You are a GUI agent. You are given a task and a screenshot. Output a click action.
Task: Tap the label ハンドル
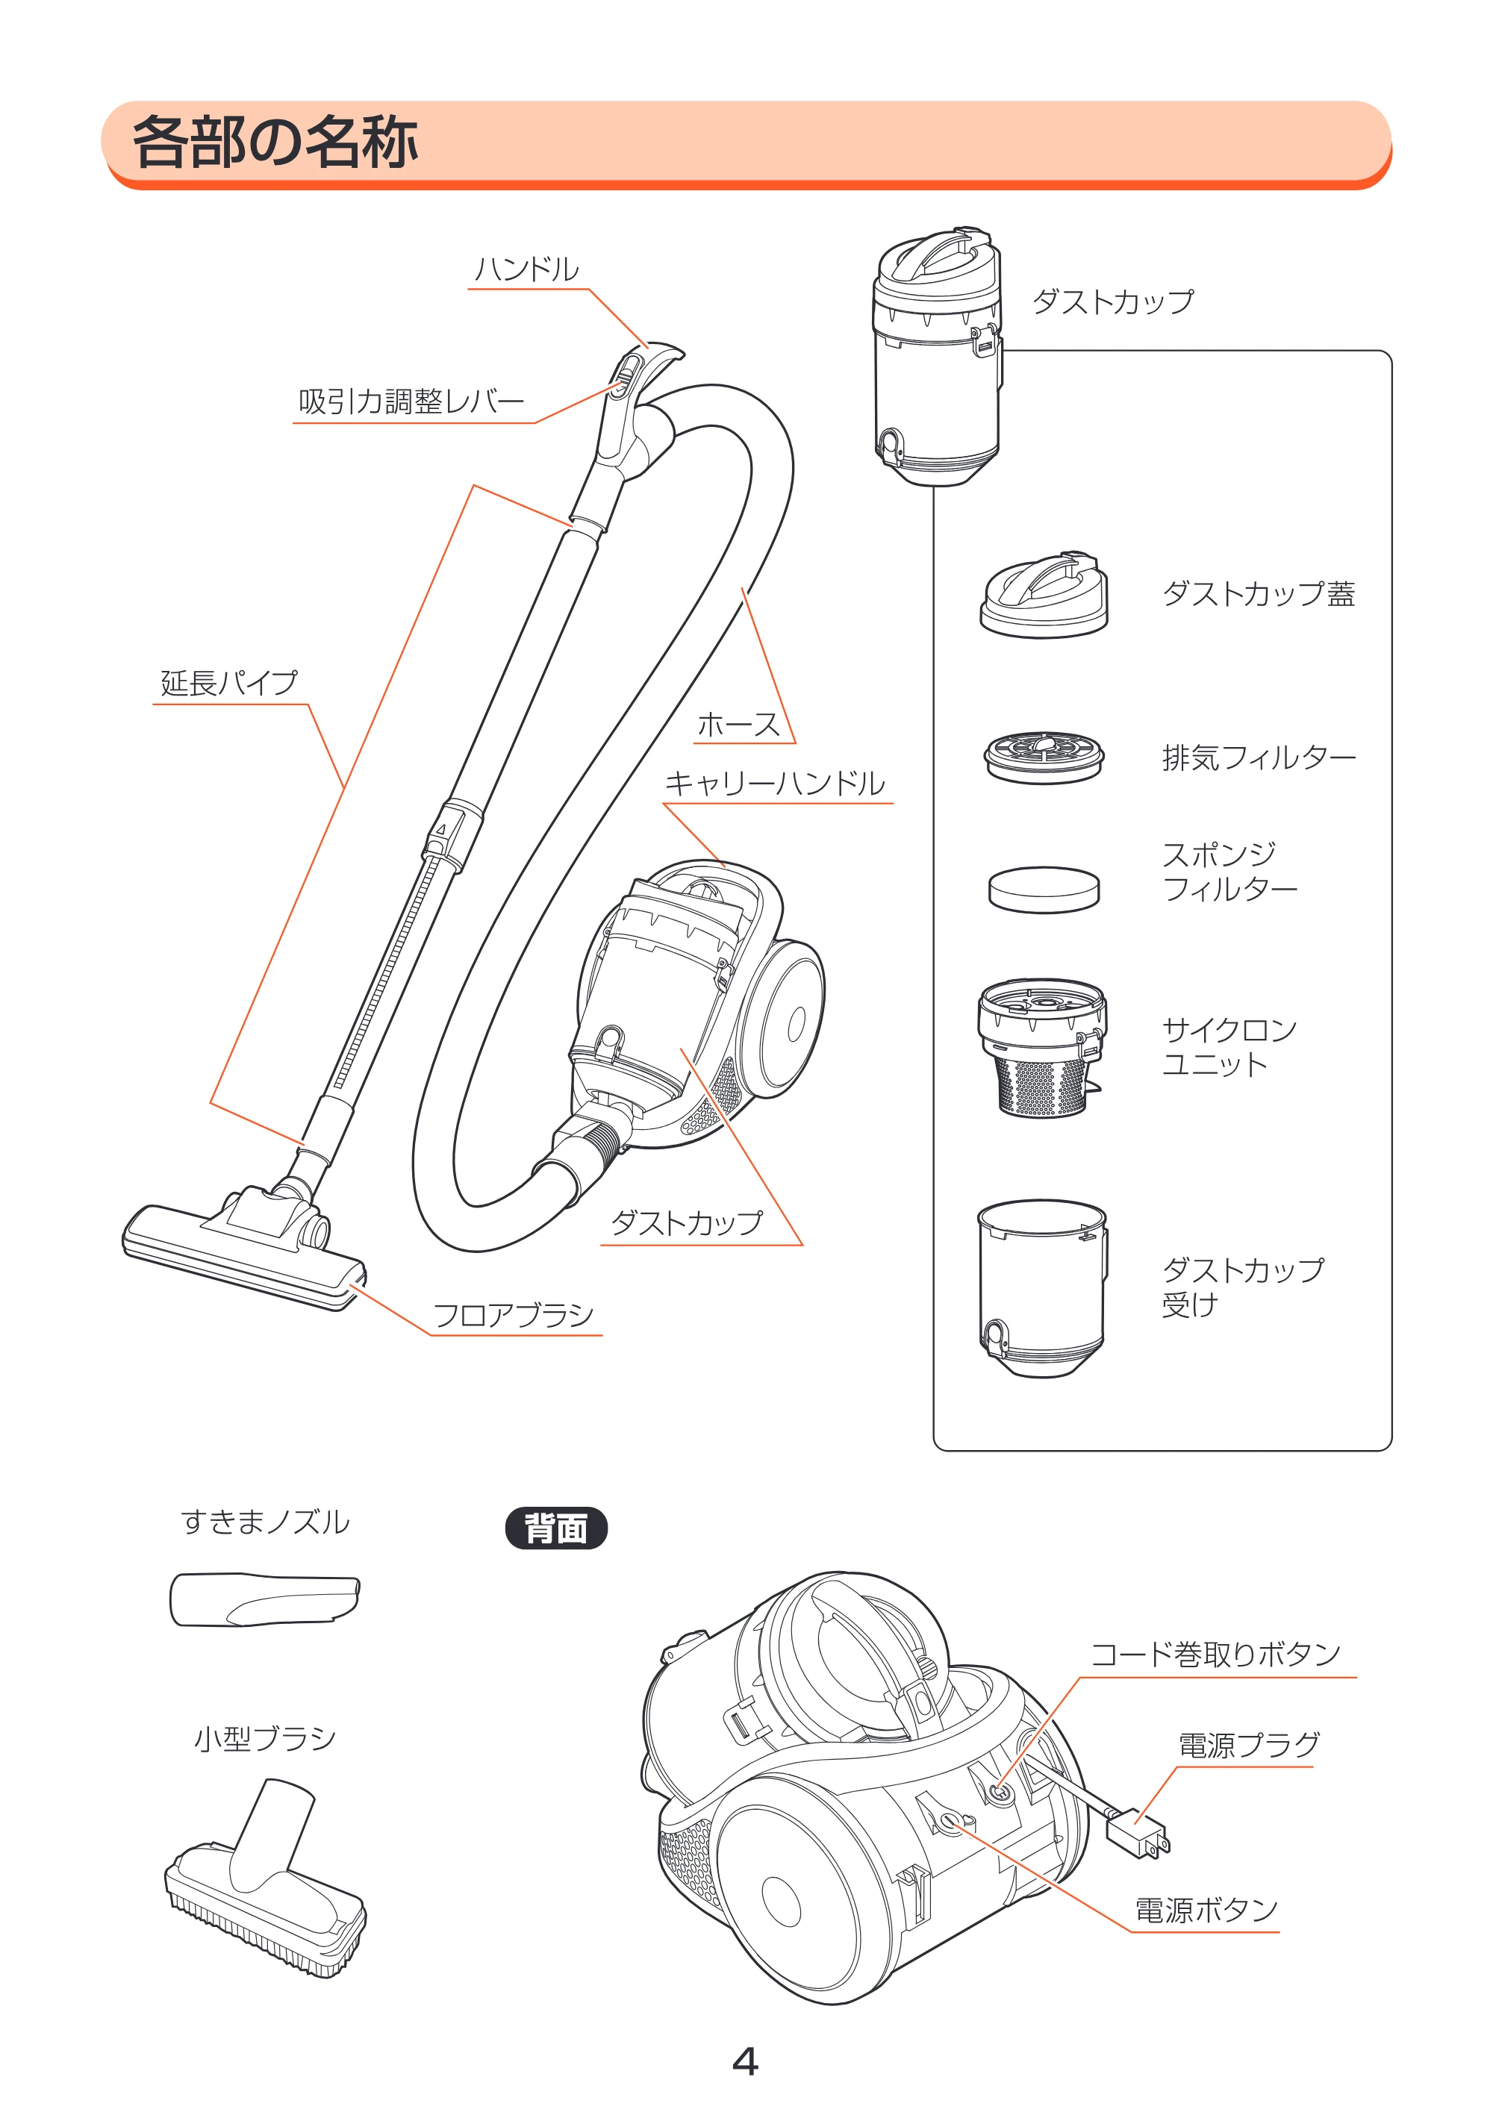[x=527, y=269]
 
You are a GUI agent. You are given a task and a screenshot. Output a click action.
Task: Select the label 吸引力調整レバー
[x=411, y=402]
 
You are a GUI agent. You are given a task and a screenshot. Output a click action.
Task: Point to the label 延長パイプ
[x=230, y=683]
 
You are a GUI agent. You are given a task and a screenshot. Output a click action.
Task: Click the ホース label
[x=739, y=724]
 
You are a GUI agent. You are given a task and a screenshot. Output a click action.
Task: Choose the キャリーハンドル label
[x=775, y=783]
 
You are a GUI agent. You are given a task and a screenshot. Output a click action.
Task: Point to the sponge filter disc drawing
[x=1044, y=890]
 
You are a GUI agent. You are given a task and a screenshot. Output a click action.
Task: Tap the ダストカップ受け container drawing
[x=1042, y=1289]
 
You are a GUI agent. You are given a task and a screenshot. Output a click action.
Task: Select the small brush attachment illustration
[x=266, y=1879]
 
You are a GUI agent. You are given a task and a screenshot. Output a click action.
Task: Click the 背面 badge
[x=556, y=1528]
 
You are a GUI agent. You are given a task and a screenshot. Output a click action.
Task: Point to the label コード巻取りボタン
[x=1215, y=1654]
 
